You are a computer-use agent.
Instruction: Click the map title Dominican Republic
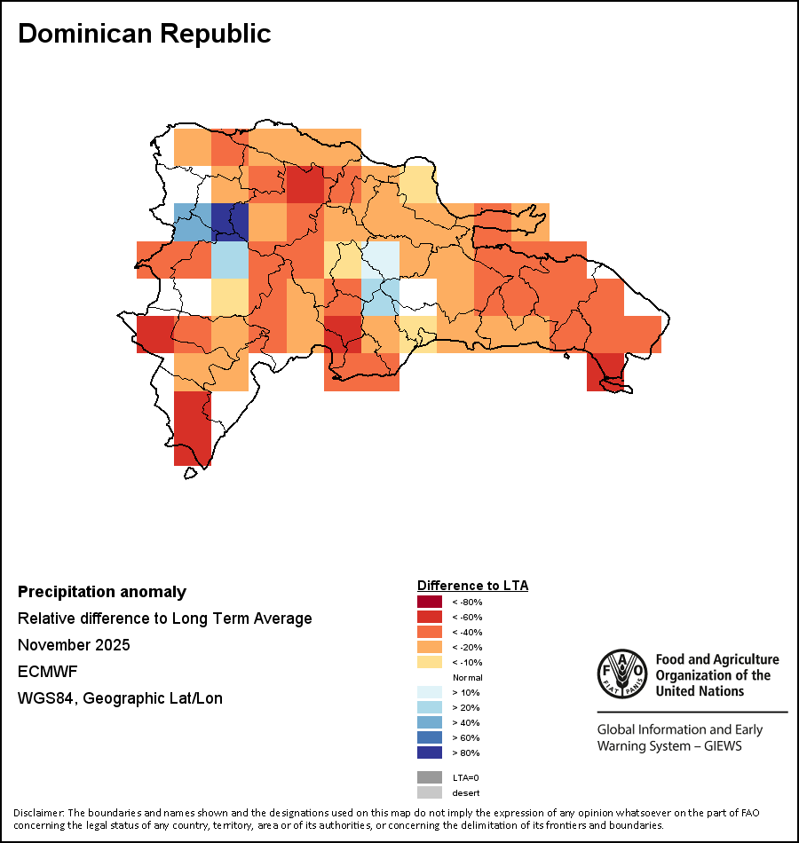point(145,34)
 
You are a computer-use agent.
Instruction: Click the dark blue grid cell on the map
point(230,222)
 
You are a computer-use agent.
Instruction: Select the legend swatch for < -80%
point(429,603)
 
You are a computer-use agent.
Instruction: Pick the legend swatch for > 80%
point(429,753)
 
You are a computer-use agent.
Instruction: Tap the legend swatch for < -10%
point(429,663)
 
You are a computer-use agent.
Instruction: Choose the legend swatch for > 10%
point(429,693)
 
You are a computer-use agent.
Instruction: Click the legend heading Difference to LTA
point(472,586)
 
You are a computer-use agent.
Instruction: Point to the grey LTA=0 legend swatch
point(429,777)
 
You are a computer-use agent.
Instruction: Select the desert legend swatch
point(429,792)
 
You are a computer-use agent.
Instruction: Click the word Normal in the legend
point(467,678)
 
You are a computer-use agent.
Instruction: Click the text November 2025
point(74,645)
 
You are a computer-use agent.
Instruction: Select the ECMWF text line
point(48,672)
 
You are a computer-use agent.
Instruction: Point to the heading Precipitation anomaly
point(102,592)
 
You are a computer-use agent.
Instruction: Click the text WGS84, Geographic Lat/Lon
point(120,698)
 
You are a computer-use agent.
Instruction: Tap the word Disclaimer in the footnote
point(37,813)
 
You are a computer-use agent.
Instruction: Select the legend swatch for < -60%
point(429,618)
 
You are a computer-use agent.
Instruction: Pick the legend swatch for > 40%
point(429,723)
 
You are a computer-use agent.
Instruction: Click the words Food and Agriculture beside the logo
point(716,659)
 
